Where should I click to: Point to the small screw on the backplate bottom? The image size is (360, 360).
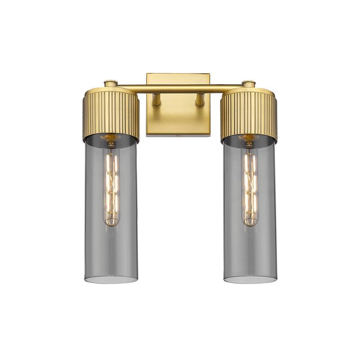tap(178, 134)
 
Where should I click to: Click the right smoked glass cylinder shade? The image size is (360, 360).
tap(263, 225)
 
